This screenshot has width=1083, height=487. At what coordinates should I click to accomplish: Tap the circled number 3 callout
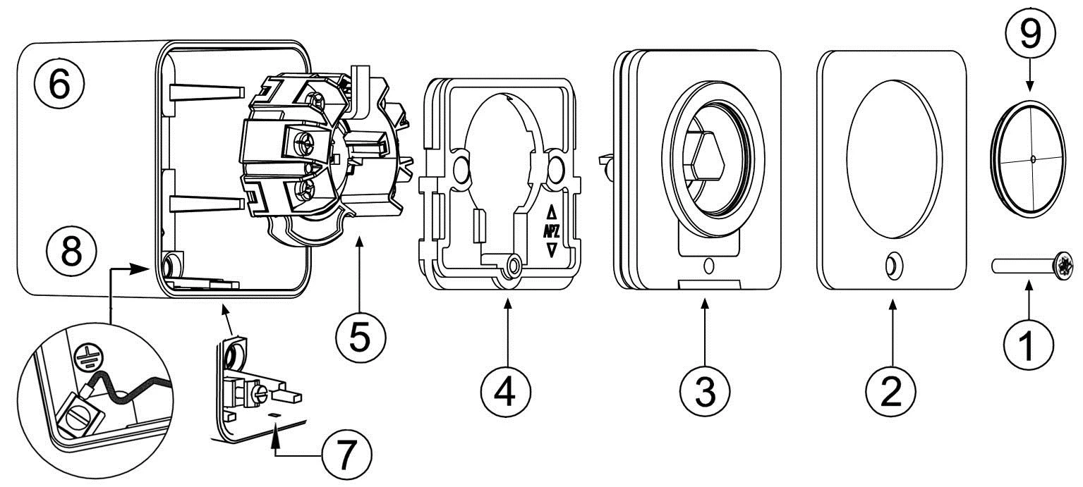point(704,388)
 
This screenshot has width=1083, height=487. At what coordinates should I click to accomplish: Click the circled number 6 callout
point(60,85)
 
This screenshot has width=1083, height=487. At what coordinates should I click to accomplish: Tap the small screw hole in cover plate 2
point(891,266)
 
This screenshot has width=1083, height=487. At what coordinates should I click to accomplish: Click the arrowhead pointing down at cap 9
point(1029,87)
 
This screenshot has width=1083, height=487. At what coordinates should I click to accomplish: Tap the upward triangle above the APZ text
point(552,211)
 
